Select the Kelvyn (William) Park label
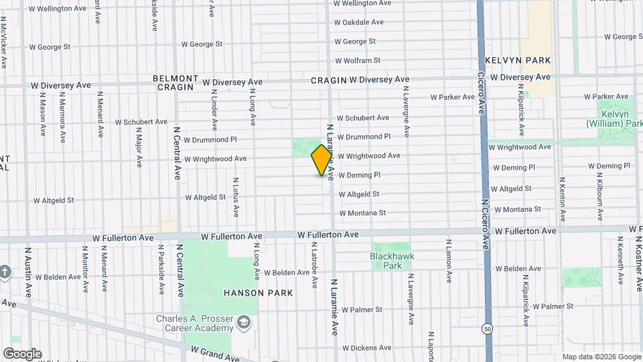click(614, 119)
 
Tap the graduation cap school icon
click(243, 325)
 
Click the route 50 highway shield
click(487, 328)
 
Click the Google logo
click(22, 354)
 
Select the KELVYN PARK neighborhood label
click(518, 60)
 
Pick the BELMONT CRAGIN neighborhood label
click(175, 82)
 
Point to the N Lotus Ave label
click(236, 197)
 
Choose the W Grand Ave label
click(214, 354)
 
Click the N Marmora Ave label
click(62, 111)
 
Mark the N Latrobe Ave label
click(314, 265)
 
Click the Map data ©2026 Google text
click(601, 357)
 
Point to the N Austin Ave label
click(29, 271)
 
